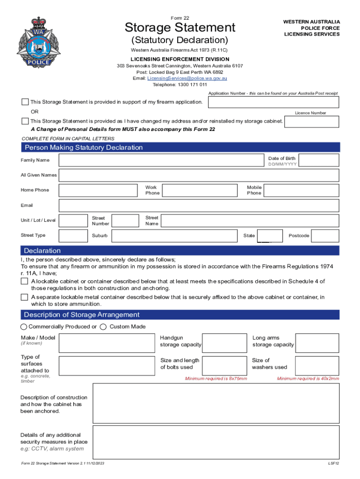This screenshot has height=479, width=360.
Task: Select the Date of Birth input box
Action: point(319,160)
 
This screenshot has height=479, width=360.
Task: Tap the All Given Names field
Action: point(199,175)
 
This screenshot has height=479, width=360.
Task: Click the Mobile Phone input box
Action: point(302,190)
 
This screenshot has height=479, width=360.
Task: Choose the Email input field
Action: point(199,206)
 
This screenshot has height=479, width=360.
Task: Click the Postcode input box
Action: point(325,236)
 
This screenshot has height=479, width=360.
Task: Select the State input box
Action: point(270,236)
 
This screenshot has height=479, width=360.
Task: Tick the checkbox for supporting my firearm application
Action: point(25,102)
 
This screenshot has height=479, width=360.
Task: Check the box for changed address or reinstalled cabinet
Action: point(25,121)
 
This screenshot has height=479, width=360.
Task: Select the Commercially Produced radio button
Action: point(24,327)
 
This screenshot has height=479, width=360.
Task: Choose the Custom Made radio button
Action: point(103,327)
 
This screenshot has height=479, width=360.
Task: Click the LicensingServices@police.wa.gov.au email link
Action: point(187,79)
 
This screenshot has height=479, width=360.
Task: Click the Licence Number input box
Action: point(312,122)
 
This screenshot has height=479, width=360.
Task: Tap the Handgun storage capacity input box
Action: point(224,343)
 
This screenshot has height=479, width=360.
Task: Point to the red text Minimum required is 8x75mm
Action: point(216,378)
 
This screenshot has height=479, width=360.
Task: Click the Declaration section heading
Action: point(43,251)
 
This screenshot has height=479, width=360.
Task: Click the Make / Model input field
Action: point(107,343)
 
